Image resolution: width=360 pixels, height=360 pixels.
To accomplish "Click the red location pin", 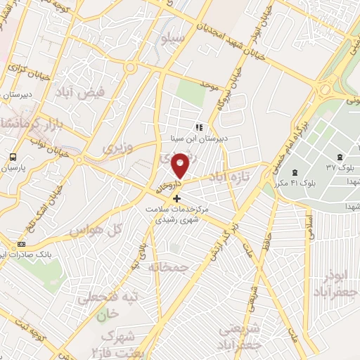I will click(x=181, y=165).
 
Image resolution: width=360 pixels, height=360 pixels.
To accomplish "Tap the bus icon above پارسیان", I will click(x=13, y=157).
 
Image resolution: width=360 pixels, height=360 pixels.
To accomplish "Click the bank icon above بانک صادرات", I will click(x=21, y=244).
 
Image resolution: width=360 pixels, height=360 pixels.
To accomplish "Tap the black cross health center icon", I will click(x=176, y=199).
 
